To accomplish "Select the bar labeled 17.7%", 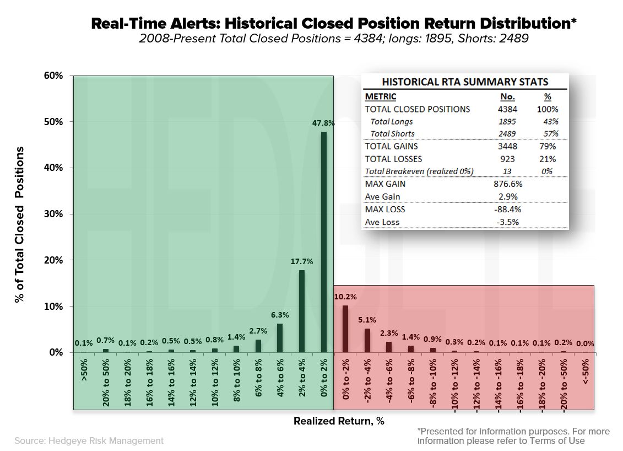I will coord(301,311).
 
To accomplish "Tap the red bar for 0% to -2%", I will coord(345,329).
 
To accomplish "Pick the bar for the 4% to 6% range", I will coord(280,337).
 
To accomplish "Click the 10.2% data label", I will coord(345,296).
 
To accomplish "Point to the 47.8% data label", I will coord(323,123).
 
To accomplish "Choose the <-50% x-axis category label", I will coord(585,373).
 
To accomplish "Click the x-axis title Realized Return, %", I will coord(338,421).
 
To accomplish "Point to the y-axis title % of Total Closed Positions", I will coord(20,224).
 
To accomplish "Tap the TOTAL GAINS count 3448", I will coord(507,146).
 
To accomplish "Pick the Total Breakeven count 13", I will coord(507,171).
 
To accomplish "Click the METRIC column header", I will coord(381,96).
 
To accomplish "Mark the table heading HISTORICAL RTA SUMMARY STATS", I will coord(465,82).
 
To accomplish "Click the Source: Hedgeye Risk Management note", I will coord(89,441).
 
